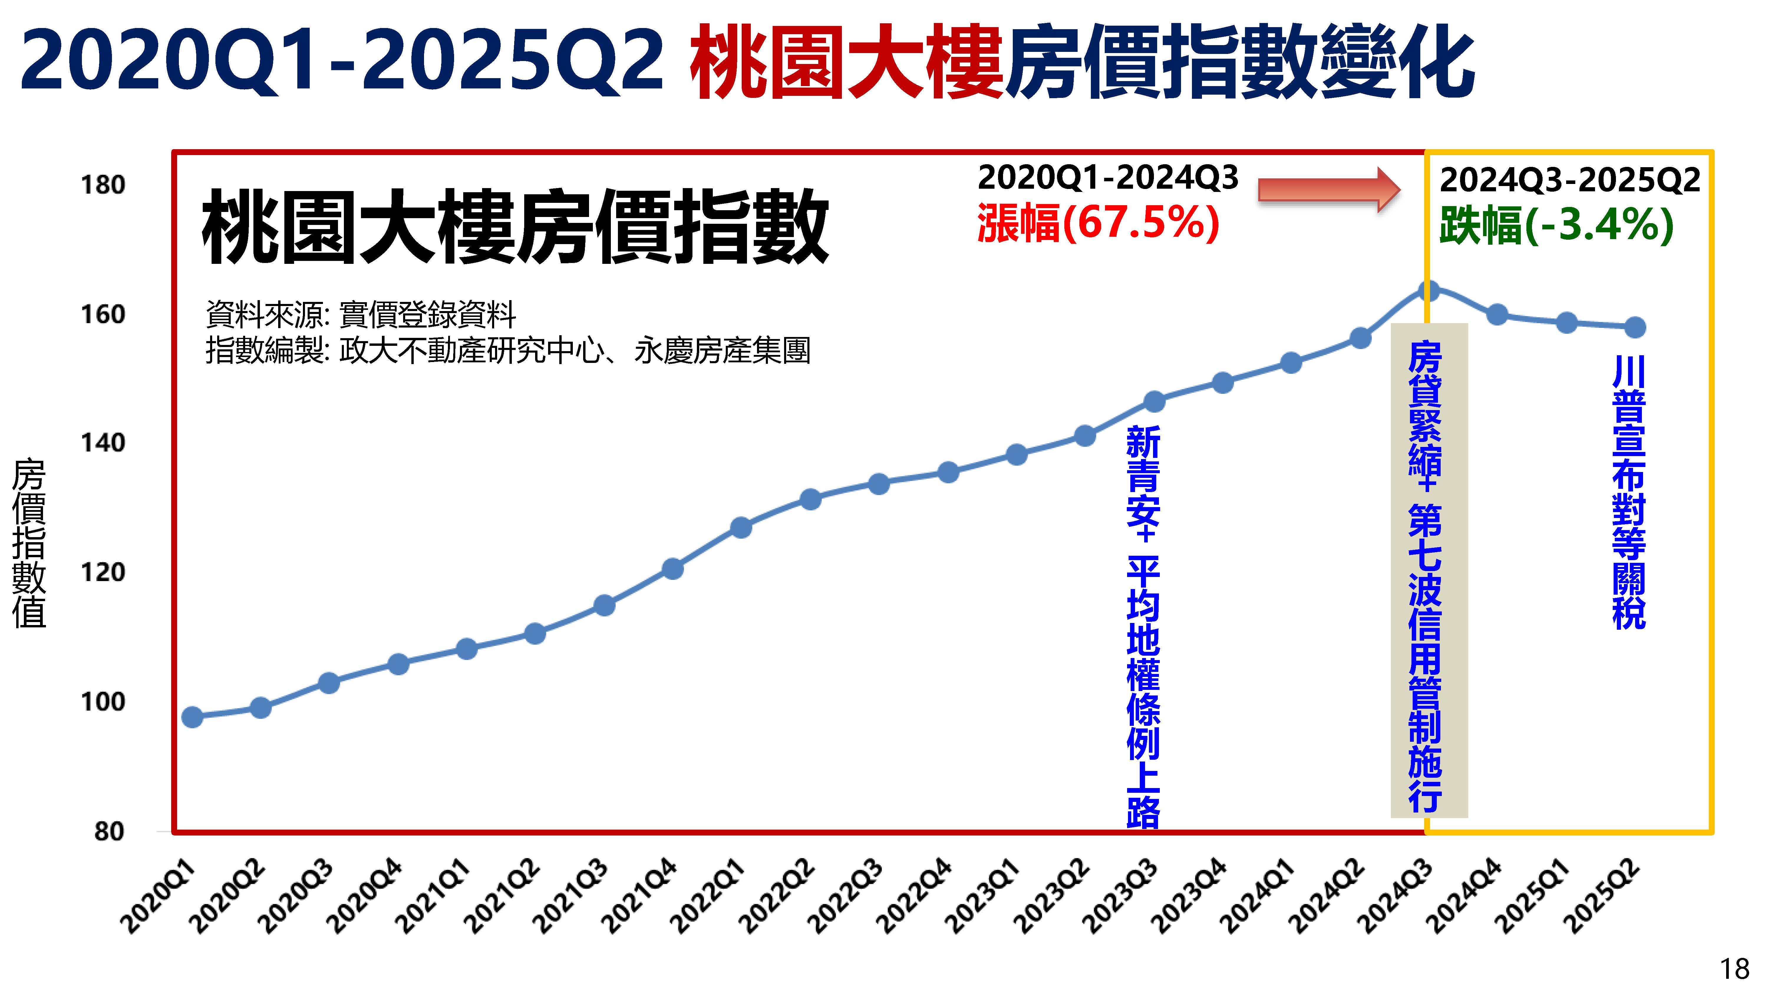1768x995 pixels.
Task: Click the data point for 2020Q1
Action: pos(192,717)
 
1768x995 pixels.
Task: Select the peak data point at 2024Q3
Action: pos(1428,290)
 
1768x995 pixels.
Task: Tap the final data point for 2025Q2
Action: pos(1635,327)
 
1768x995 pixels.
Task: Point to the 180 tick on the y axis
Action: pos(103,185)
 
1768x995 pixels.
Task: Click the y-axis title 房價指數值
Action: pos(29,542)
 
